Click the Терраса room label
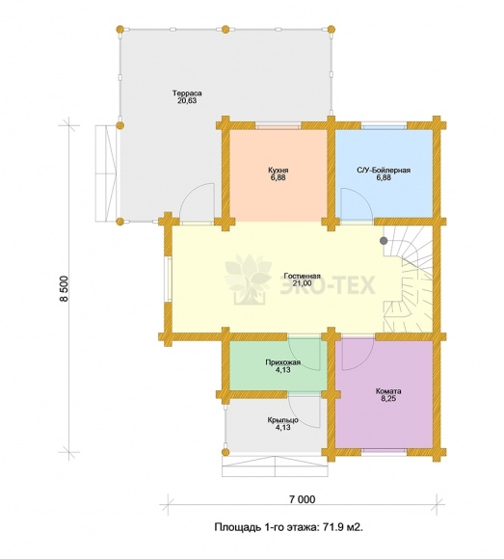(x=187, y=93)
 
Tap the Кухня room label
(x=279, y=170)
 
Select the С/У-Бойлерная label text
(x=384, y=170)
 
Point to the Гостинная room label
(x=303, y=276)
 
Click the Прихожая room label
(x=283, y=362)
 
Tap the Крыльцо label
(x=283, y=420)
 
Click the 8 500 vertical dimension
(x=65, y=289)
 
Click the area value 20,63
(x=187, y=101)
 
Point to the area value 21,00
(x=303, y=283)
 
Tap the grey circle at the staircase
(x=384, y=241)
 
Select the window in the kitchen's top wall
(x=279, y=126)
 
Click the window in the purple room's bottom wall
(x=384, y=451)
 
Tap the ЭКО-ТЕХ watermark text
(x=327, y=285)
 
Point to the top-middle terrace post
(x=225, y=29)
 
